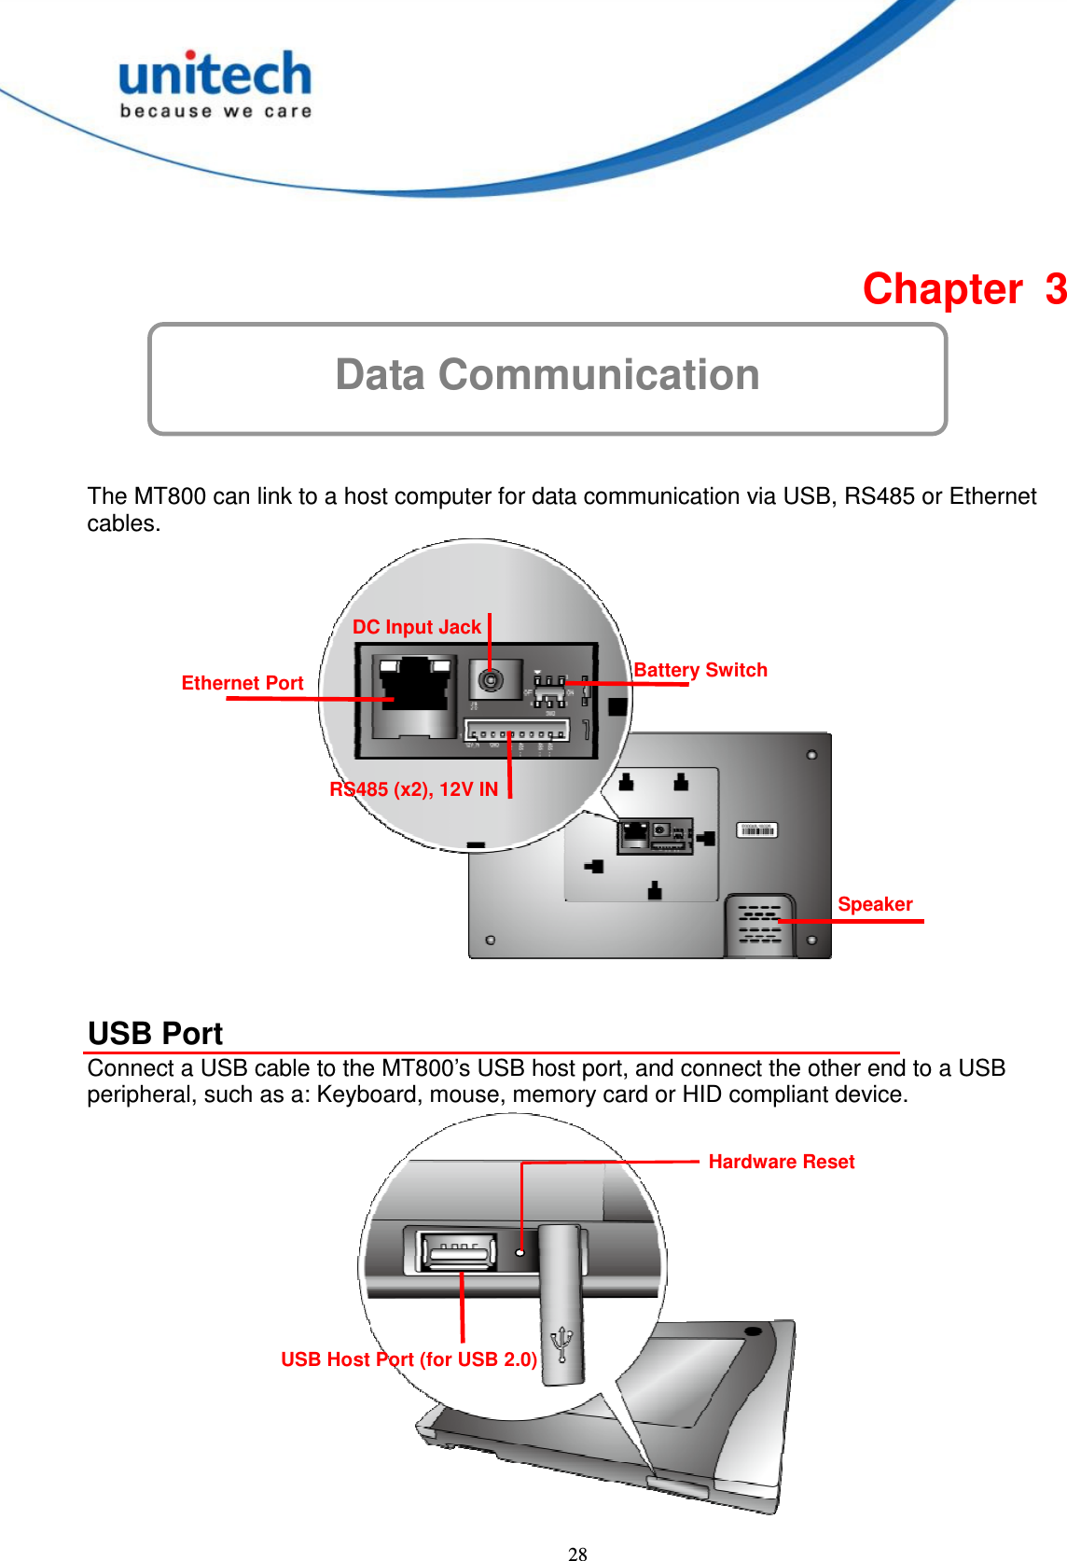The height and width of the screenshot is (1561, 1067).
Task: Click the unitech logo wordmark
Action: click(x=215, y=76)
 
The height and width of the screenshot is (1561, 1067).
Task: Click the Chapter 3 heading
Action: click(x=963, y=289)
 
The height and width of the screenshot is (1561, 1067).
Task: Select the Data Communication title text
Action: click(x=547, y=375)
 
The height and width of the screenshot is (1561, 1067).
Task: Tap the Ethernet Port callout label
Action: click(x=242, y=683)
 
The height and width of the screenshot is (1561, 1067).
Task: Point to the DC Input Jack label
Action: click(x=416, y=627)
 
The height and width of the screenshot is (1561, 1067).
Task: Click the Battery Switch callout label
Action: click(x=700, y=670)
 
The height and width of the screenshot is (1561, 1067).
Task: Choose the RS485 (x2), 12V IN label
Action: click(x=414, y=789)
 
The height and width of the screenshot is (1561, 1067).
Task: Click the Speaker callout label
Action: click(x=874, y=904)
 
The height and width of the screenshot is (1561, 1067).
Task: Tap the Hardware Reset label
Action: click(x=781, y=1162)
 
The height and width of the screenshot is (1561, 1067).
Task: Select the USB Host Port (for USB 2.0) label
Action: click(x=409, y=1359)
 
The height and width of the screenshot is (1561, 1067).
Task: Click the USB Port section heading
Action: click(x=156, y=1034)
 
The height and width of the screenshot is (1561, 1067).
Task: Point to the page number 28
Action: click(x=577, y=1554)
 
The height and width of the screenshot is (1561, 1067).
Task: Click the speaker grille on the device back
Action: click(x=759, y=925)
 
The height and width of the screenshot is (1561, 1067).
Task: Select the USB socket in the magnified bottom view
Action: click(x=458, y=1250)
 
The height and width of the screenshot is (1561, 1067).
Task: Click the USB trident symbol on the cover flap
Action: click(x=561, y=1344)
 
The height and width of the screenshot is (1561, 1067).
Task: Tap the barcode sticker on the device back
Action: click(x=756, y=829)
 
